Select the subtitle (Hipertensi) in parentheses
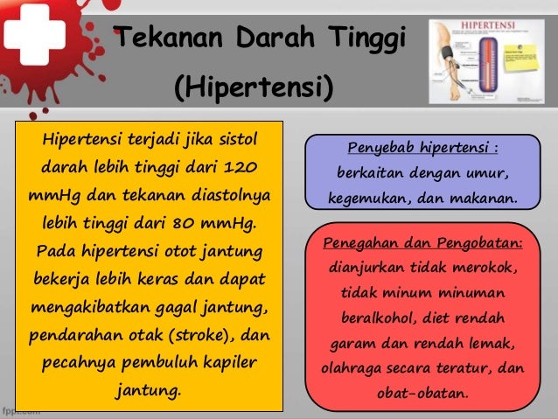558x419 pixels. [254, 87]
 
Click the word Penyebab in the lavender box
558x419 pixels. [380, 146]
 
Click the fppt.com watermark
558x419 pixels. [19, 410]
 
